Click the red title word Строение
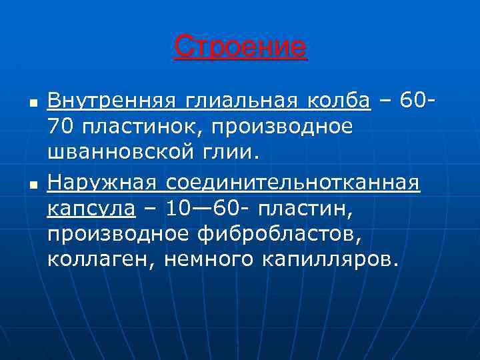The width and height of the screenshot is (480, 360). tap(240, 47)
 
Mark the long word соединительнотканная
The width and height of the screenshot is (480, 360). tap(293, 182)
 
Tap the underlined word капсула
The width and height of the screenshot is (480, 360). tap(91, 208)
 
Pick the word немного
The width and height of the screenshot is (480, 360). tap(194, 259)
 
